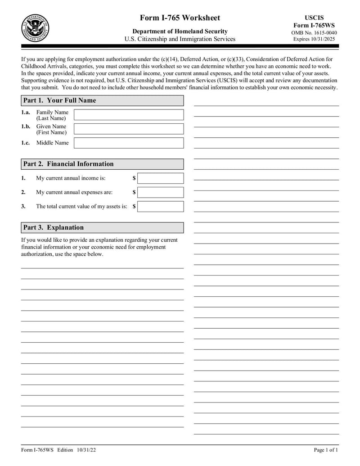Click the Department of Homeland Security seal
(x=36, y=28)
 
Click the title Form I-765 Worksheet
(x=180, y=18)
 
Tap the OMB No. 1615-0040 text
(x=315, y=33)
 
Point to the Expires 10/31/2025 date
(x=315, y=40)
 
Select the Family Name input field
(x=129, y=115)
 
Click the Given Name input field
(x=129, y=129)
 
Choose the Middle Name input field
(x=129, y=143)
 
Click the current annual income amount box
(x=161, y=178)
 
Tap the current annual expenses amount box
(x=161, y=193)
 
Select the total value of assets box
(x=161, y=207)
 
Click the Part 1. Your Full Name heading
(x=59, y=100)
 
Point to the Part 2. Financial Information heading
(x=68, y=164)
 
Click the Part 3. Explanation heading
(x=53, y=227)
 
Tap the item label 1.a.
(x=26, y=112)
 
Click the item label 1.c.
(x=26, y=143)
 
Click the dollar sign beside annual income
(x=134, y=178)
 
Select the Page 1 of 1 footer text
(x=326, y=450)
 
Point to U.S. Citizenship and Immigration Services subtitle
(x=180, y=39)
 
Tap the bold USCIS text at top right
(x=315, y=18)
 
